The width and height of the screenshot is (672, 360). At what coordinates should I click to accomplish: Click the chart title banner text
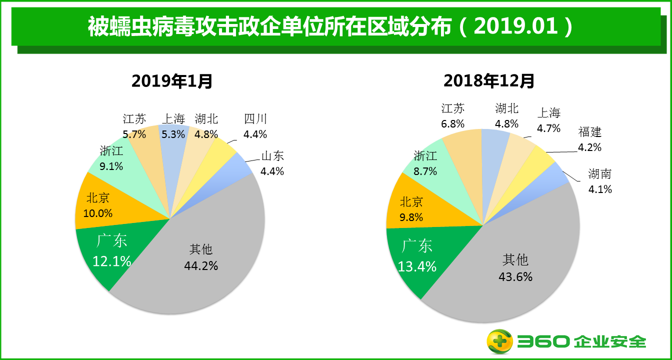point(330,26)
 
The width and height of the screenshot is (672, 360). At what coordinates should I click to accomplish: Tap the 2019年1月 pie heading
point(171,80)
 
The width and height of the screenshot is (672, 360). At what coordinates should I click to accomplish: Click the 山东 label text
point(272,156)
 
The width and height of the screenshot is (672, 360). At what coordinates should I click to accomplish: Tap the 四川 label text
point(255,119)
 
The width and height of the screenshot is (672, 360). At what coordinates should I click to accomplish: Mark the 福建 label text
point(590,132)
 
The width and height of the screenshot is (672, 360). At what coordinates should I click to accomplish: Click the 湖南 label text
point(600,174)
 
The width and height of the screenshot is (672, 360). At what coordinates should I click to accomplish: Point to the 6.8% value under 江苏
point(453,123)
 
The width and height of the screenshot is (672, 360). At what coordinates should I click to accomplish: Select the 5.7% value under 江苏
point(134,134)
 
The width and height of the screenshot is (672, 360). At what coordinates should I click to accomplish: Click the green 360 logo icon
point(500,342)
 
